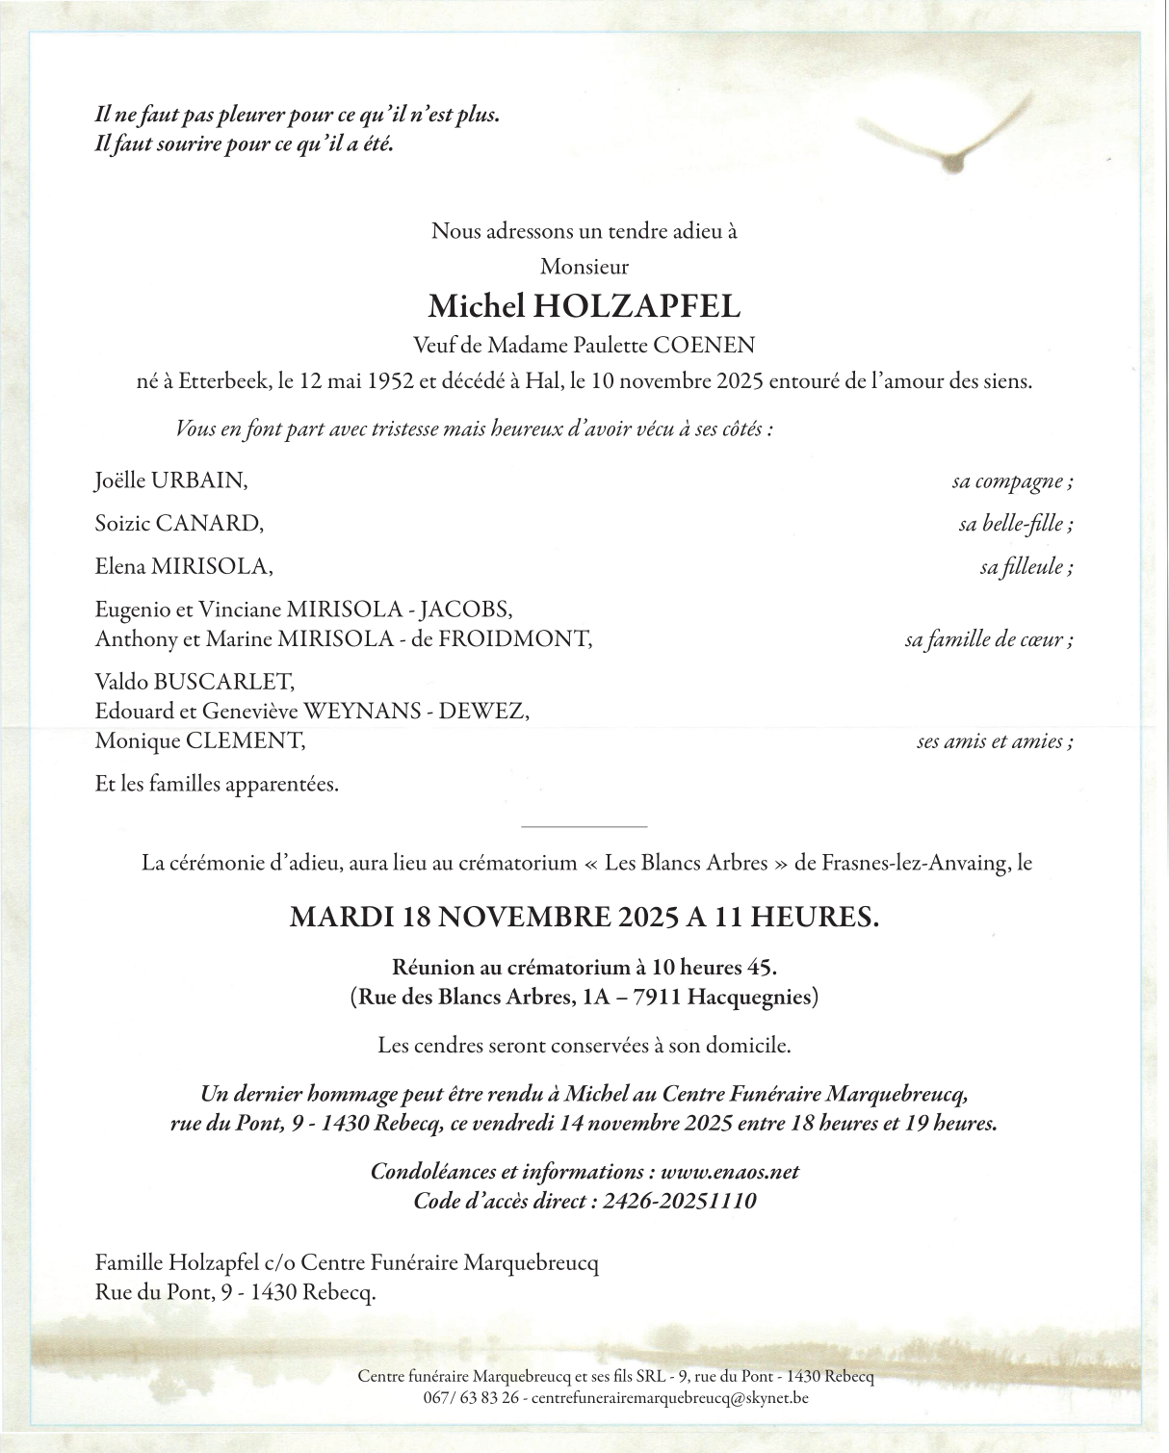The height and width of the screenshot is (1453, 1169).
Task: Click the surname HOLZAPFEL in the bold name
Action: point(636,306)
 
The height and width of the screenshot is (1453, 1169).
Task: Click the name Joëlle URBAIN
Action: point(171,480)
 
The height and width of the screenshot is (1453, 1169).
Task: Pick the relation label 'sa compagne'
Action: point(1012,480)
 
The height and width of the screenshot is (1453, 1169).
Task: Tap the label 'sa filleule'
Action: point(1026,566)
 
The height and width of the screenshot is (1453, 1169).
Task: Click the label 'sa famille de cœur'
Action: point(989,639)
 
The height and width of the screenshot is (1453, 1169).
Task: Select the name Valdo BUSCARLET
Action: point(195,682)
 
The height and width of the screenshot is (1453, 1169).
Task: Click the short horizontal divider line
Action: point(584,826)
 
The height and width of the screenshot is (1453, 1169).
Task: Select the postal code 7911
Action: point(657,997)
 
